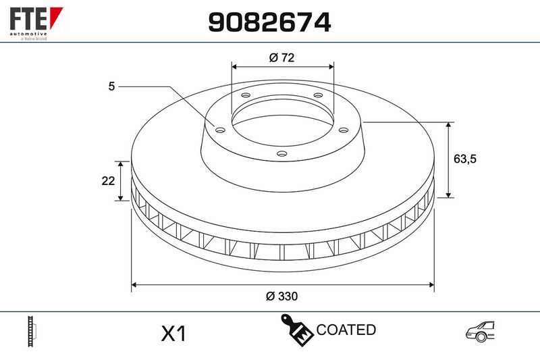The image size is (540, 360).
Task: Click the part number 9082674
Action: (x=269, y=22)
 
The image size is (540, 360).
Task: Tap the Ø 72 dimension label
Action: (x=281, y=57)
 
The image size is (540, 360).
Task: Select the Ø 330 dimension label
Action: (x=281, y=297)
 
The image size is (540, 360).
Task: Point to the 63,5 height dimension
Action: (x=465, y=159)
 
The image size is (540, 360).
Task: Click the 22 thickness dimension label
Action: (x=108, y=180)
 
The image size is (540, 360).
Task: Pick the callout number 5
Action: (x=111, y=86)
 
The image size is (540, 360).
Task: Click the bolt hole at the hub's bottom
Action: (x=281, y=153)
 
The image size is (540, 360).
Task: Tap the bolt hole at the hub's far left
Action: (x=220, y=130)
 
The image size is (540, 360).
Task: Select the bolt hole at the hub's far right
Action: (x=344, y=130)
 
